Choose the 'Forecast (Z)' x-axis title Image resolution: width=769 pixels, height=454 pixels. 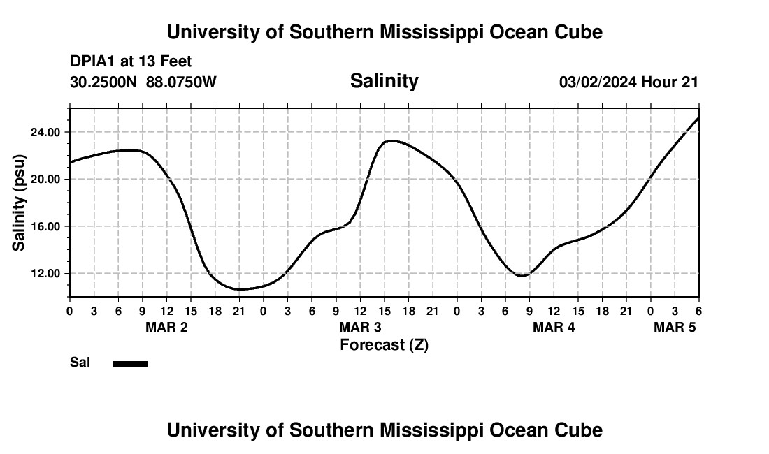pyautogui.click(x=384, y=345)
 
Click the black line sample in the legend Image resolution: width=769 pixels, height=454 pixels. pyautogui.click(x=131, y=363)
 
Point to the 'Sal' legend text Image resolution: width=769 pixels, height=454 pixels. pyautogui.click(x=80, y=363)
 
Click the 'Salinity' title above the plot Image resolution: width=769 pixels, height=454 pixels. pyautogui.click(x=384, y=81)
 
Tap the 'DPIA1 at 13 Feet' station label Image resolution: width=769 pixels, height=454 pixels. pyautogui.click(x=131, y=62)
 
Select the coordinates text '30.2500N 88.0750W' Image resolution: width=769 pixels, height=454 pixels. pyautogui.click(x=143, y=82)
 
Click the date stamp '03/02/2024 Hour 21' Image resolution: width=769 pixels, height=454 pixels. pyautogui.click(x=628, y=82)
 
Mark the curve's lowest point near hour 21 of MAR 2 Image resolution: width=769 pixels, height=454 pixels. pyautogui.click(x=239, y=289)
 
